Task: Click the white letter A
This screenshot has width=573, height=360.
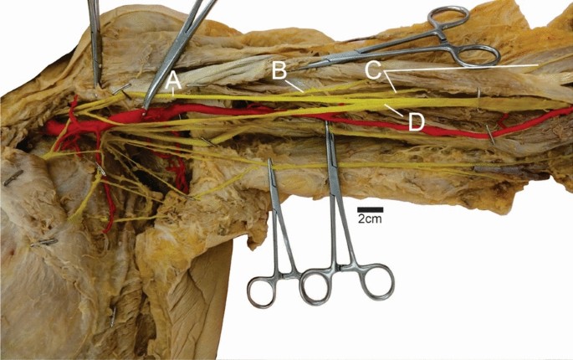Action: coord(174,81)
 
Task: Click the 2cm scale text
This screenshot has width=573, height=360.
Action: coord(370,219)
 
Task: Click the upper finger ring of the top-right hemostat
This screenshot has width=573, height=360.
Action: coord(450,17)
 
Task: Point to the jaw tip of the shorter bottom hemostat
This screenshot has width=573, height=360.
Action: coord(269,162)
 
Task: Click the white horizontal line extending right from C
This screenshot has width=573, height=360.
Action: coord(468,65)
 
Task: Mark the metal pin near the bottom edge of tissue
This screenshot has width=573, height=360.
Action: coord(113,316)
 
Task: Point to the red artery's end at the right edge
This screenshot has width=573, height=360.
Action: coord(569,110)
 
